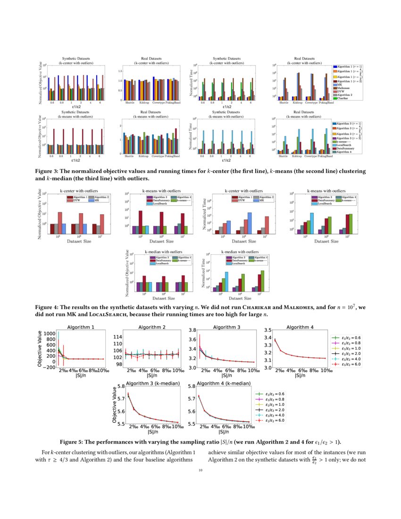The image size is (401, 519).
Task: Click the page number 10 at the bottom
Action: click(200, 470)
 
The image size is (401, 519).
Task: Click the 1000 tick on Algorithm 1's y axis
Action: click(49, 333)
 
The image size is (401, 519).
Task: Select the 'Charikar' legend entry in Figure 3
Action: click(343, 98)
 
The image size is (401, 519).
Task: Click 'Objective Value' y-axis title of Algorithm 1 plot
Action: click(39, 349)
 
